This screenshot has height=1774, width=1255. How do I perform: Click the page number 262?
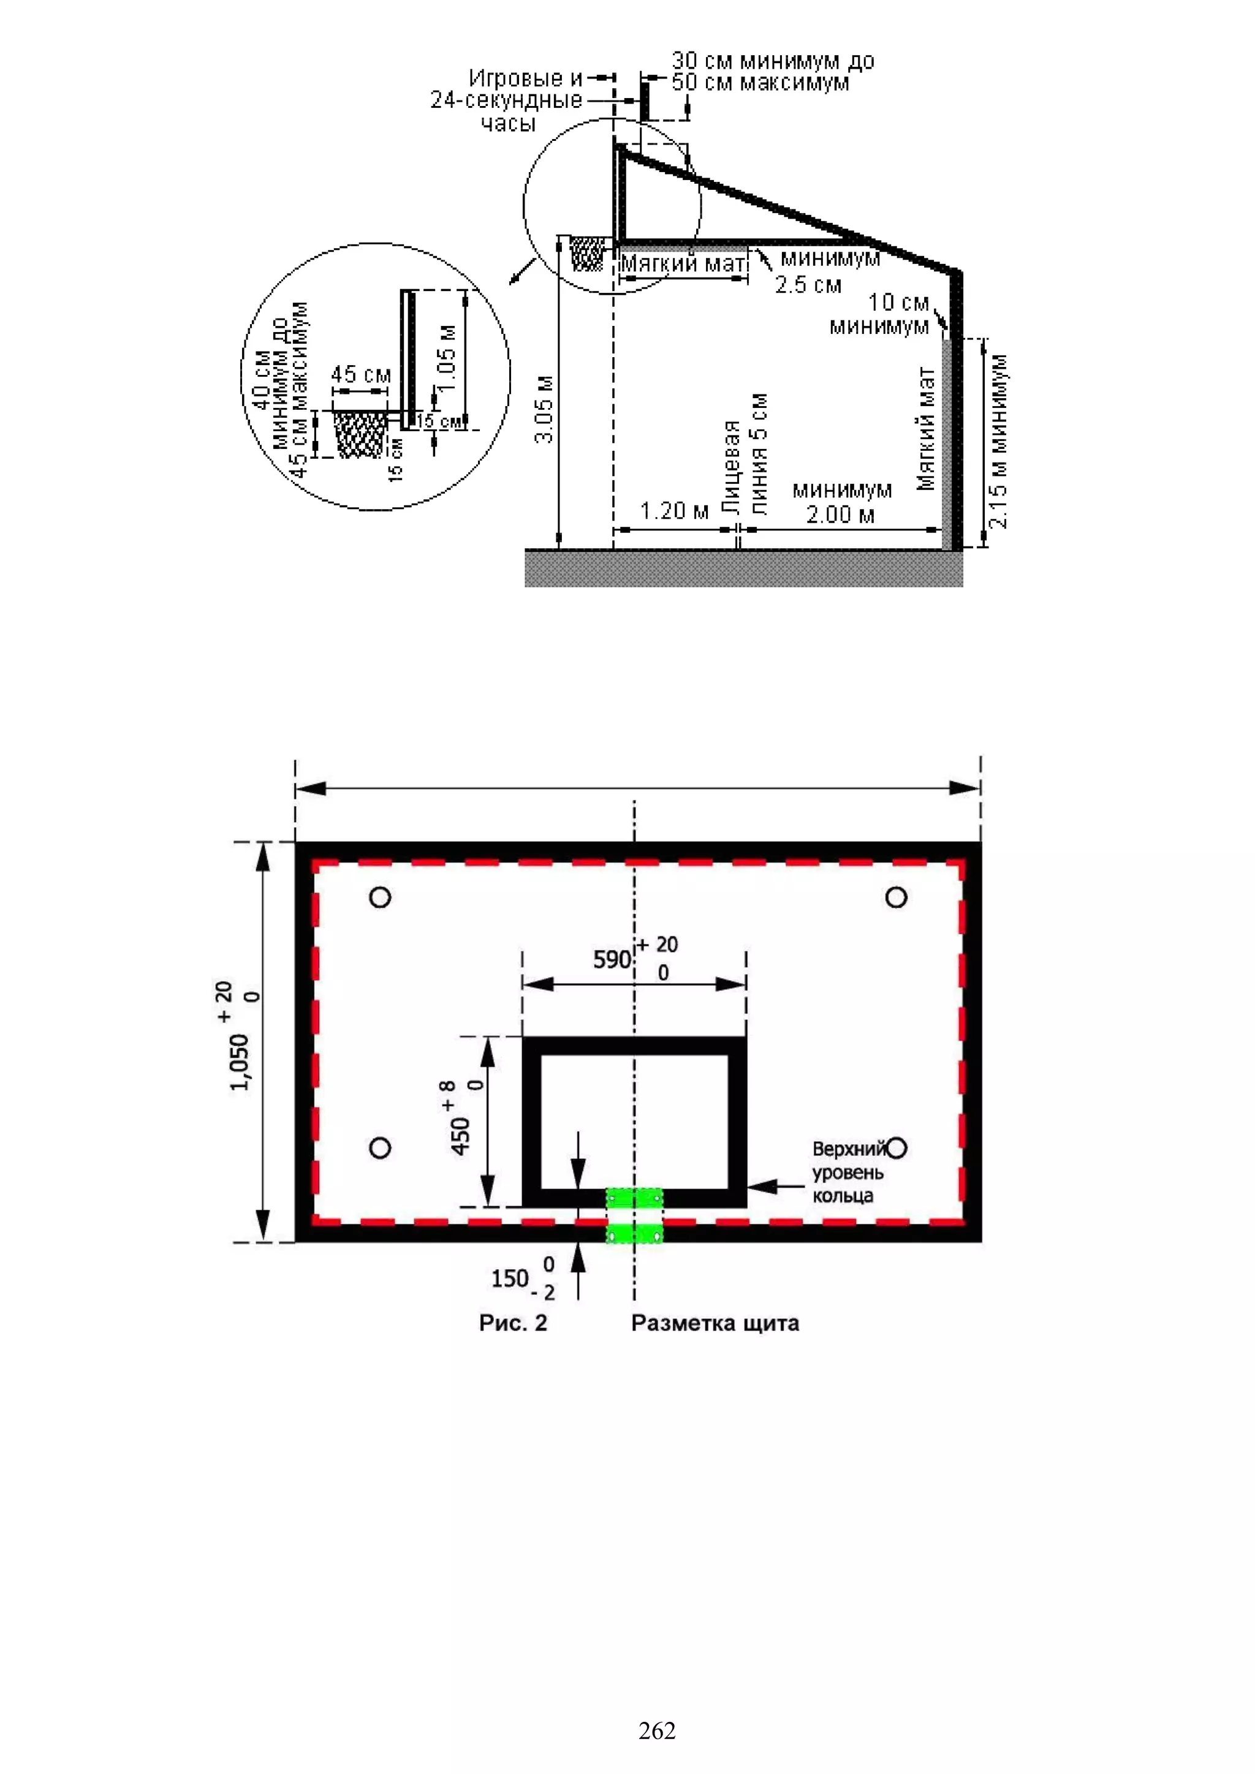(657, 1730)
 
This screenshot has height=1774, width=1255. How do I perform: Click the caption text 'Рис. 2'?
(513, 1323)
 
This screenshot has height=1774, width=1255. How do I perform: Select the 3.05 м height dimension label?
(545, 410)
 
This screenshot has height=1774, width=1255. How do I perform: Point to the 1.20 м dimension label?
(675, 511)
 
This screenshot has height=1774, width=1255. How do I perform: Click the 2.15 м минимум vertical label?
(998, 441)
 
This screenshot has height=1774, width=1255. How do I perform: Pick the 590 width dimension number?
(612, 960)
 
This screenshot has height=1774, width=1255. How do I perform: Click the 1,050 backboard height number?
(240, 1062)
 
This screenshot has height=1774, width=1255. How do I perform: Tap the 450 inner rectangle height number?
(461, 1136)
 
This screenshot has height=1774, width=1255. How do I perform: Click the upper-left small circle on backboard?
(380, 897)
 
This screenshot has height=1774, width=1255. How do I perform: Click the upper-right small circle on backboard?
(897, 897)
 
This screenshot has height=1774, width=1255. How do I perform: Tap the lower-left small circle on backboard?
(380, 1147)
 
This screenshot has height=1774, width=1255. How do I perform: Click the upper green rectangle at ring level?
(634, 1198)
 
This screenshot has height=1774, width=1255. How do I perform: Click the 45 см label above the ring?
(361, 375)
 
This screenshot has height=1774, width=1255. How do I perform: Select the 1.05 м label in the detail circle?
(446, 358)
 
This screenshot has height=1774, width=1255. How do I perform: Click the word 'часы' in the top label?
(508, 124)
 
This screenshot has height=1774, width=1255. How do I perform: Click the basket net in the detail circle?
(360, 434)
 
